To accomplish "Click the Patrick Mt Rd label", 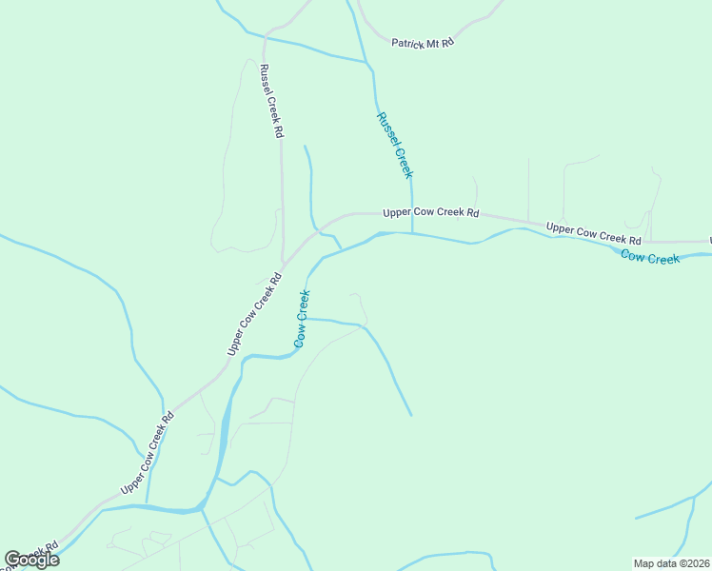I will [x=423, y=43].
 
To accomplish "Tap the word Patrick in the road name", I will [x=408, y=43].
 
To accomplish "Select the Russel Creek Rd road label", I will [x=271, y=102].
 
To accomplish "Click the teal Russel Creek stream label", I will [x=394, y=145].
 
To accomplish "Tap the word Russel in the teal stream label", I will [x=386, y=129].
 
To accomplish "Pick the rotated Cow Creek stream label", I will [x=302, y=318].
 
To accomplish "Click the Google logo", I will [x=32, y=560].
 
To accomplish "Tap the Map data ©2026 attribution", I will [x=671, y=563].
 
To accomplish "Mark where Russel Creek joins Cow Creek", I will [x=412, y=233].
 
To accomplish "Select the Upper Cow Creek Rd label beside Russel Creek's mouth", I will [x=430, y=214].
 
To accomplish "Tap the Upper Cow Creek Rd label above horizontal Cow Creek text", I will [x=593, y=233].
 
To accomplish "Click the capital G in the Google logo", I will [x=13, y=560].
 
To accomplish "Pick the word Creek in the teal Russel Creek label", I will [x=403, y=161].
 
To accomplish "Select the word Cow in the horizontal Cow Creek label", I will [x=631, y=255].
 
